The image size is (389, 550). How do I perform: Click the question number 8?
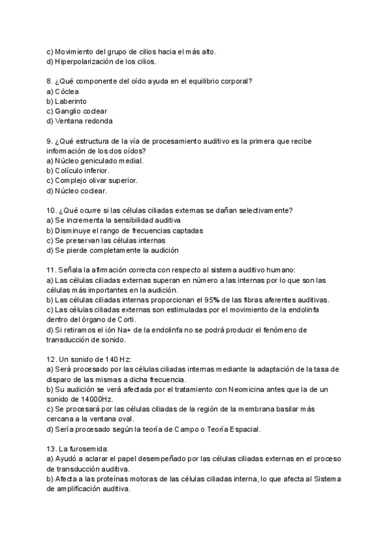point(49,82)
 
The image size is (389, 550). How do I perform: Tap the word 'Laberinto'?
point(71,101)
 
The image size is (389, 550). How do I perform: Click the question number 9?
point(49,141)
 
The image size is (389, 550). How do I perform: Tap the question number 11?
point(51,269)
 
